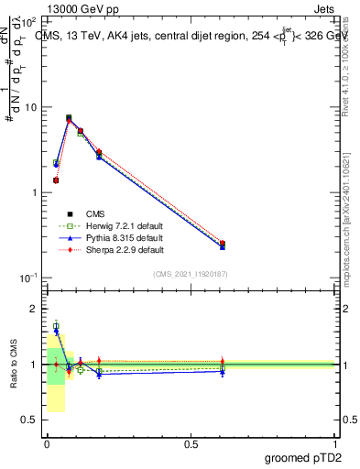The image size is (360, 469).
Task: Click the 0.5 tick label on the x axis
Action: [191, 444]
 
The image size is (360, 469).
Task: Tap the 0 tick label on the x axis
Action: [47, 444]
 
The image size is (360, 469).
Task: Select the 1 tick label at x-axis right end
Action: [335, 444]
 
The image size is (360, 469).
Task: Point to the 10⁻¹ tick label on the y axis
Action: [27, 278]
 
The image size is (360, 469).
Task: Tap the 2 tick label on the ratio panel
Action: [35, 310]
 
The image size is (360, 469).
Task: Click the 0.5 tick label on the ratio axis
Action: [30, 420]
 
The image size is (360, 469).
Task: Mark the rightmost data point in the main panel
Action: [223, 245]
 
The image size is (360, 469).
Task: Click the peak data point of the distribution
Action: [69, 118]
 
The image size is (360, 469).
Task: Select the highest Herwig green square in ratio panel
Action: [56, 326]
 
